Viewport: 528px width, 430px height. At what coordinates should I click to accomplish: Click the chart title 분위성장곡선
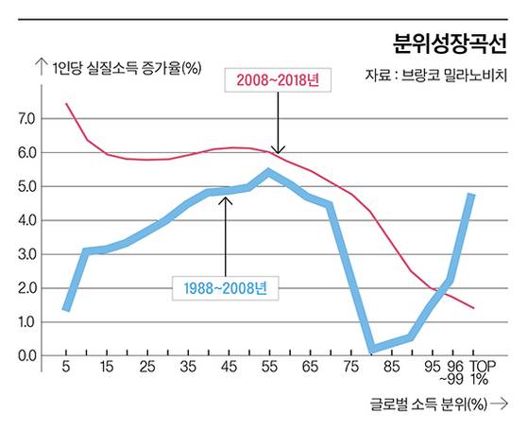point(450,42)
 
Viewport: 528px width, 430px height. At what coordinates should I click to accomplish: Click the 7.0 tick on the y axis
point(26,119)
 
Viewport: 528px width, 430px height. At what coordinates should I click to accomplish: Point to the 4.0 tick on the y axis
point(26,220)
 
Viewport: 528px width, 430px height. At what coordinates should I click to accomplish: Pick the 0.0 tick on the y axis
point(26,355)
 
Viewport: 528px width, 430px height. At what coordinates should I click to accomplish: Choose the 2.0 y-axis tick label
point(26,288)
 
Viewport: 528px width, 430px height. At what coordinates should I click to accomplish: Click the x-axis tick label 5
point(66,367)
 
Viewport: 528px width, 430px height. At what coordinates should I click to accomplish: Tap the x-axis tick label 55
point(269,367)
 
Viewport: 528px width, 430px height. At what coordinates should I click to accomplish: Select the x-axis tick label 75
point(350,367)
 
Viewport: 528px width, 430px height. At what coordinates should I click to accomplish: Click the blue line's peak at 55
point(269,172)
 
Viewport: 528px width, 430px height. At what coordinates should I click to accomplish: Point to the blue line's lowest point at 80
point(371,350)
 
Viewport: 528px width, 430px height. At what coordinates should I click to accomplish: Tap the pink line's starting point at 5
point(66,104)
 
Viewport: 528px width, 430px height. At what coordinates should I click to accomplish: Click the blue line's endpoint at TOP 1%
point(471,195)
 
